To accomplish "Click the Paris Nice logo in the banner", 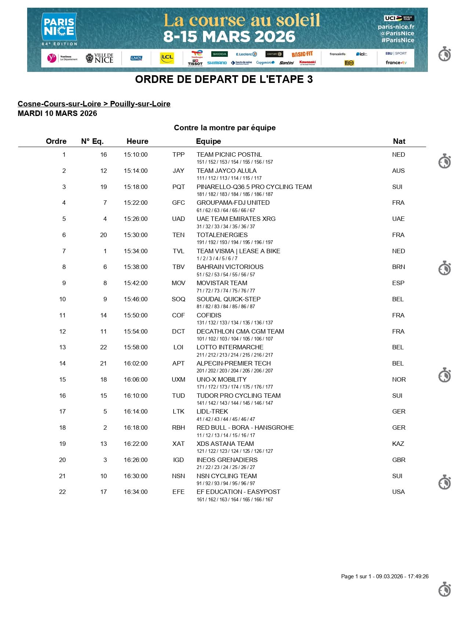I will pos(59,29).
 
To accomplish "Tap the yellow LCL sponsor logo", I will pos(167,58).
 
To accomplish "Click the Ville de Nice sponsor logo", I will pos(99,58).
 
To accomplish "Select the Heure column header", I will pos(137,141).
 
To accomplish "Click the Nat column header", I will pos(399,141).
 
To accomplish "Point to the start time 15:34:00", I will pos(135,251).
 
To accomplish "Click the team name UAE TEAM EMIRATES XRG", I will pos(236,219).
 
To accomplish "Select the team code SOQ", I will pos(178,299).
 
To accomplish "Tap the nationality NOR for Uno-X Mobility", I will pos(399,379).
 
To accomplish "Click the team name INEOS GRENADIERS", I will pos(227,460).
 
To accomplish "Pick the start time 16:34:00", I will pos(135,492).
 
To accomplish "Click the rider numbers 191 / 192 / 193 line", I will pos(234,242).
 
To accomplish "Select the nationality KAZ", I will pos(398,444).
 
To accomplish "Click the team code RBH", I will pos(178,427).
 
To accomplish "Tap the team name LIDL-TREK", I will pos(212,411).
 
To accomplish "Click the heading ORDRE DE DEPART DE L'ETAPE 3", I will pos(224,79).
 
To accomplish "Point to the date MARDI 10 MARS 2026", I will pos(57,113).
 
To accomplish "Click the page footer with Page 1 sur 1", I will pos(385,576).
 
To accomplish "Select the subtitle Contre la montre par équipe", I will pos(225,128).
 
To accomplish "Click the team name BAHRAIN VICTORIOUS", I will pos(230,267).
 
